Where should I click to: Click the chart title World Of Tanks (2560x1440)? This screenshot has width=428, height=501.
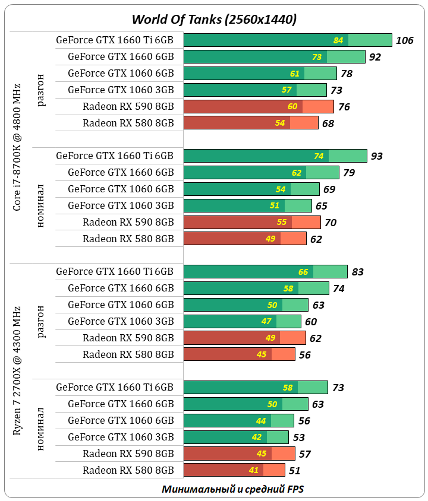pyautogui.click(x=214, y=19)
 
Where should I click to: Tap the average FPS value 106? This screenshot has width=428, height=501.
pyautogui.click(x=404, y=40)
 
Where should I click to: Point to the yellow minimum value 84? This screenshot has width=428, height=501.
pyautogui.click(x=339, y=40)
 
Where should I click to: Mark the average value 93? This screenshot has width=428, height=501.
pyautogui.click(x=377, y=156)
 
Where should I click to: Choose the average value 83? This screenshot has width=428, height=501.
pyautogui.click(x=357, y=272)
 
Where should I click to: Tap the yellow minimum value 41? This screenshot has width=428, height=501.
pyautogui.click(x=254, y=471)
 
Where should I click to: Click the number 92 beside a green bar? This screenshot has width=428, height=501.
pyautogui.click(x=374, y=57)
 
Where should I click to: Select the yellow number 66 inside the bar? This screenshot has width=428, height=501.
pyautogui.click(x=303, y=272)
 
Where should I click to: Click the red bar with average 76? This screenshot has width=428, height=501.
pyautogui.click(x=259, y=107)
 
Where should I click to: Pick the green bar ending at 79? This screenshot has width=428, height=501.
pyautogui.click(x=261, y=173)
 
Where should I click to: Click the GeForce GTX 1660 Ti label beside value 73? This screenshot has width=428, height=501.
pyautogui.click(x=115, y=387)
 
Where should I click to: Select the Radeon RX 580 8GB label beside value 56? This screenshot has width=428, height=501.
pyautogui.click(x=128, y=354)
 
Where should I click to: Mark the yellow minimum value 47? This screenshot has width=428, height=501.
pyautogui.click(x=266, y=322)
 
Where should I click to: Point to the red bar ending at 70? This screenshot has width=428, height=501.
pyautogui.click(x=252, y=222)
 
